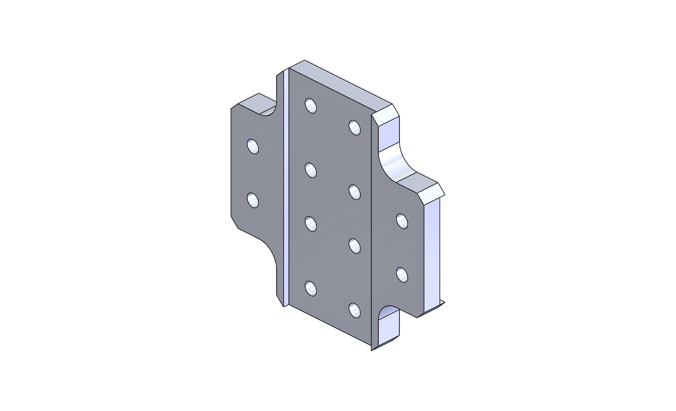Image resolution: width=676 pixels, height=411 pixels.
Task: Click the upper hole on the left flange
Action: coord(253,146)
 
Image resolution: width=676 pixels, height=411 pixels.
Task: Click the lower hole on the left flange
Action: coord(253,200)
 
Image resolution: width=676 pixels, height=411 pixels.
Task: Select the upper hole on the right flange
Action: coord(402,221)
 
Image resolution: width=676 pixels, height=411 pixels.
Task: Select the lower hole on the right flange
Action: coord(402,275)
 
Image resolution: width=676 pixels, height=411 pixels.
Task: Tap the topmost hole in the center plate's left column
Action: coord(311,105)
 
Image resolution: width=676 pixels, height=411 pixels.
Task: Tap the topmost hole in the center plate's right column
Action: coord(355,127)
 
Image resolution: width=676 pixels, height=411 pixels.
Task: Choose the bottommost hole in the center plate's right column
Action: coord(355,311)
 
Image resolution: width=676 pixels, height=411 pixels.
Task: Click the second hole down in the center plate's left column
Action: coord(311,170)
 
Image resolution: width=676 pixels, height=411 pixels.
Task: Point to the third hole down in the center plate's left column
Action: coord(311,224)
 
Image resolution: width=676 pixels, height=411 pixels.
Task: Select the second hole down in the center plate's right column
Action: coord(355,192)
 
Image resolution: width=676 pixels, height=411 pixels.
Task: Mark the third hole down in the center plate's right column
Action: coord(355,246)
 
